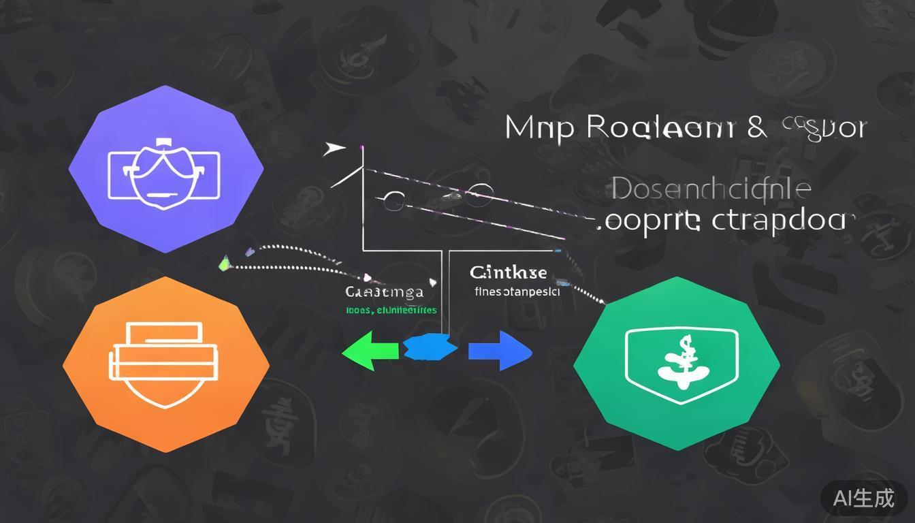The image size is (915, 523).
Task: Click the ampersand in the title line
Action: [x=756, y=127]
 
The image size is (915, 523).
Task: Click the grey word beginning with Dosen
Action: [x=711, y=190]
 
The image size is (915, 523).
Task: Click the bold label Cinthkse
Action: [x=508, y=273]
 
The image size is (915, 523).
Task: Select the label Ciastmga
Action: [x=385, y=292]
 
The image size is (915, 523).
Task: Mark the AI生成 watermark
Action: [x=863, y=498]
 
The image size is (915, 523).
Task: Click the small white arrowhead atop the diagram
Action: [x=334, y=149]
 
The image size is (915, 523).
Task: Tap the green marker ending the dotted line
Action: [x=225, y=264]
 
